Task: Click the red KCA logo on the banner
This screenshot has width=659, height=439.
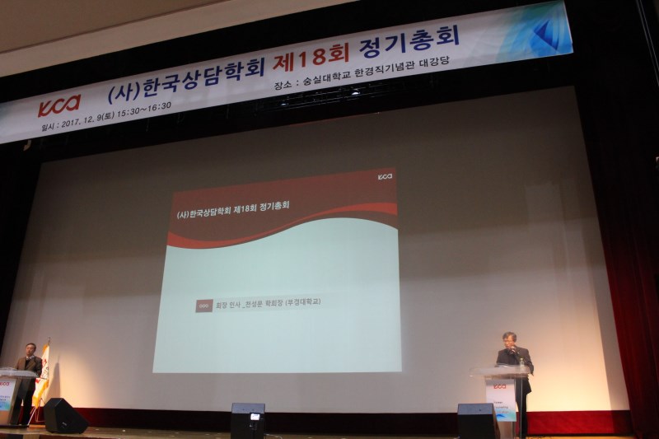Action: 59,105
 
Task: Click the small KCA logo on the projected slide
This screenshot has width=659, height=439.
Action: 385,176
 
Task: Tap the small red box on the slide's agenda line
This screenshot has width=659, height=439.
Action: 203,306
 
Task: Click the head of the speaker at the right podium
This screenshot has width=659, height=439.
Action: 509,339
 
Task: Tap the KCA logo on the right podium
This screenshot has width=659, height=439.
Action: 500,385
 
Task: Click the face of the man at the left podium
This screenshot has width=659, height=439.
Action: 30,349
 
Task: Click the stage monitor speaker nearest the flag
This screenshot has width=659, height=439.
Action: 65,416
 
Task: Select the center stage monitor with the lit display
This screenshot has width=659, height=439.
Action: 247,420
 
